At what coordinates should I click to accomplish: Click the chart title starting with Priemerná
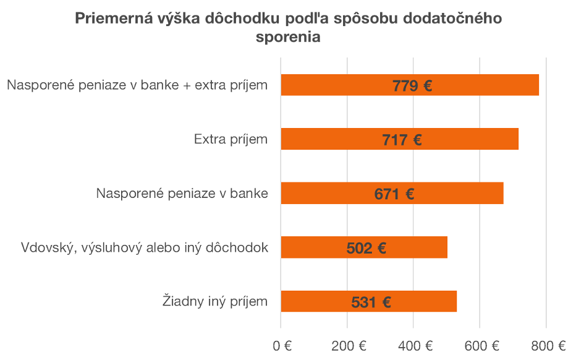(288, 19)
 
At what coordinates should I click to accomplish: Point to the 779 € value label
(412, 85)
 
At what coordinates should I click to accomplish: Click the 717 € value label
(402, 140)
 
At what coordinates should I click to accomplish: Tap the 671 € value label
(394, 194)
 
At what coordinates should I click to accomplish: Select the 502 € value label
(366, 249)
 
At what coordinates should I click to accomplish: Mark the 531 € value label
(371, 302)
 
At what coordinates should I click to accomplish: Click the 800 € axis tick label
(547, 345)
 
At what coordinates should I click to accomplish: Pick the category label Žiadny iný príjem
(215, 302)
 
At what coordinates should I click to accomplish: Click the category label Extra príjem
(231, 139)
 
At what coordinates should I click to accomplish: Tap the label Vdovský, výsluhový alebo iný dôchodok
(145, 248)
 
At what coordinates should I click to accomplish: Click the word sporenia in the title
(288, 37)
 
